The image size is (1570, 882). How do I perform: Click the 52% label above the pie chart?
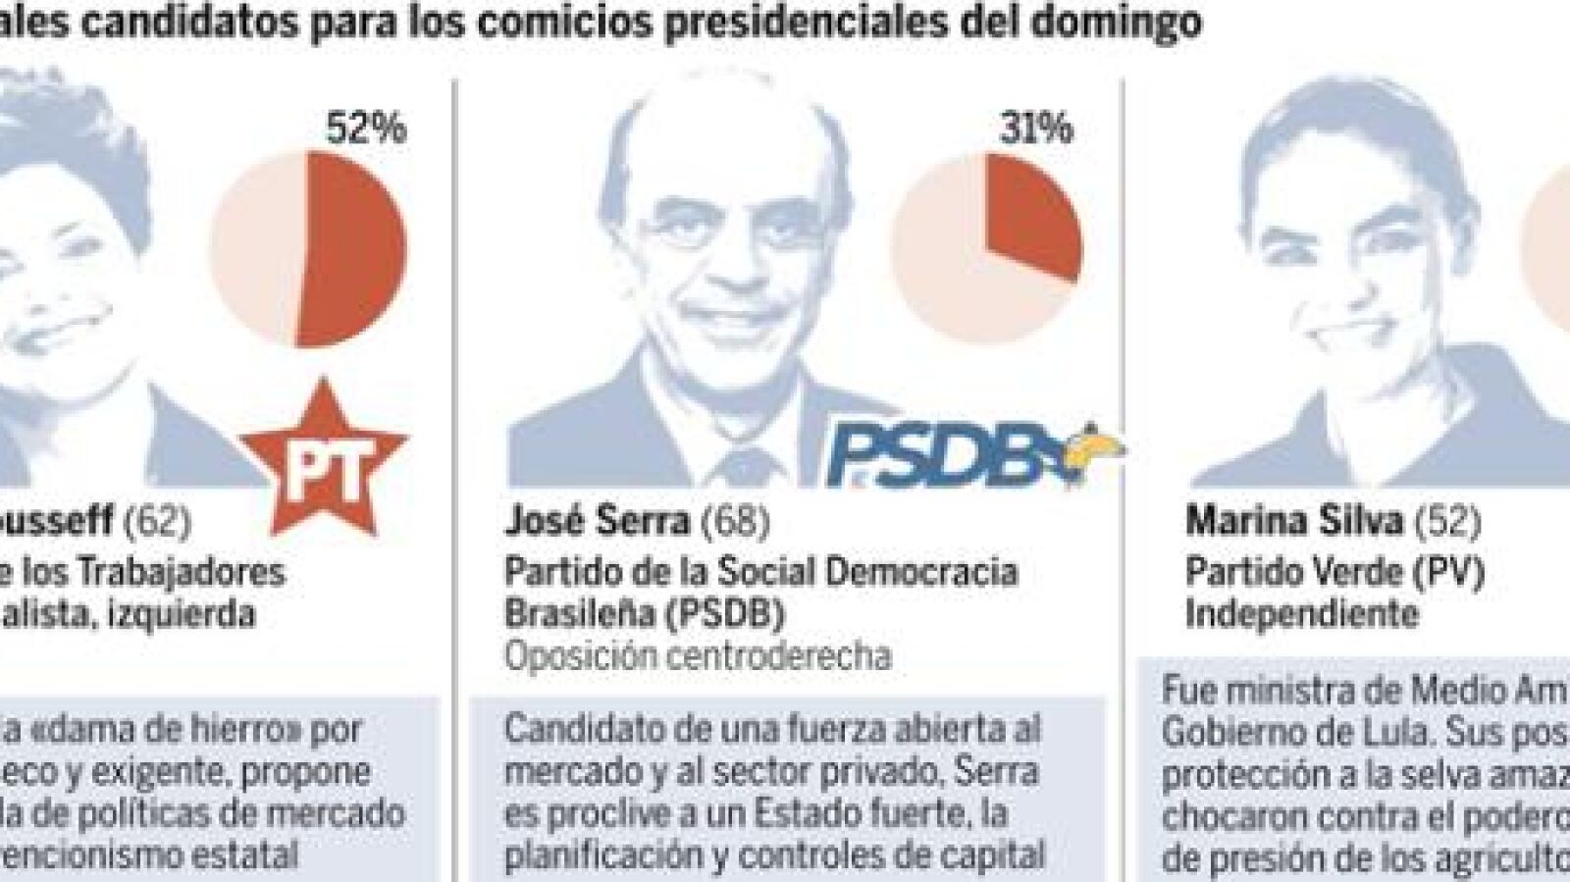(x=365, y=128)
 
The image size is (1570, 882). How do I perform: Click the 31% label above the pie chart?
(x=1036, y=128)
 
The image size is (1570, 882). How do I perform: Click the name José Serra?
(x=597, y=521)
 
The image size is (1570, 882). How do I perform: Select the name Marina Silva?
(x=1294, y=521)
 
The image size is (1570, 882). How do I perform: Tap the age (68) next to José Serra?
(x=735, y=521)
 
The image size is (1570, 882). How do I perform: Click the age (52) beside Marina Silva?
(x=1446, y=521)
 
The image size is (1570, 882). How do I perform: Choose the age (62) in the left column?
(x=157, y=521)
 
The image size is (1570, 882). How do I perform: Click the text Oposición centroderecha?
(x=698, y=655)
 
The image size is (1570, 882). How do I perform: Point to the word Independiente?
(x=1301, y=614)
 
